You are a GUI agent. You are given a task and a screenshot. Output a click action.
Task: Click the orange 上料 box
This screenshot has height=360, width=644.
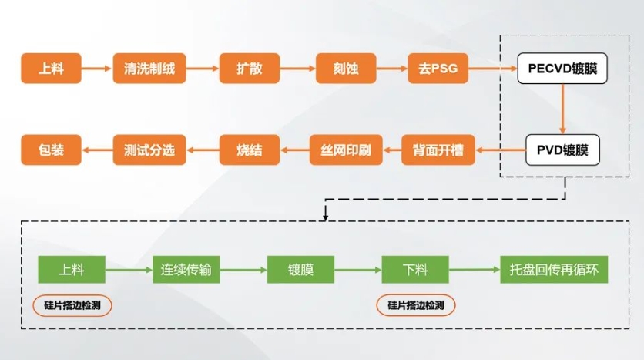tap(51, 68)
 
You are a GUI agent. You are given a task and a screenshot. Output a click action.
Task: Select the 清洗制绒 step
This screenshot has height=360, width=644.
tap(149, 68)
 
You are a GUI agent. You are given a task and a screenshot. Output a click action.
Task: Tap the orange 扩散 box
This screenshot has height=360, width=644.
tap(250, 68)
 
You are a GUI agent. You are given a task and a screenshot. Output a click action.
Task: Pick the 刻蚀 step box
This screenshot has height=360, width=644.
tap(346, 68)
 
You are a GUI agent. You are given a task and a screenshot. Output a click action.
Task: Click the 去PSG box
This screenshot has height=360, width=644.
tap(438, 68)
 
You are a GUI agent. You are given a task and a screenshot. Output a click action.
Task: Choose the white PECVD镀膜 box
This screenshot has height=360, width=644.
tap(562, 68)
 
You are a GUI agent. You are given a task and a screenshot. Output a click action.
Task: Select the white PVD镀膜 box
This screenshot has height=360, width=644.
tap(562, 150)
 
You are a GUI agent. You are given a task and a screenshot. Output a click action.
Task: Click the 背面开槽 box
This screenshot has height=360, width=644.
tap(438, 150)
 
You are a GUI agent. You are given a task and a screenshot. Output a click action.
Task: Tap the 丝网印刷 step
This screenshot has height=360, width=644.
tap(346, 150)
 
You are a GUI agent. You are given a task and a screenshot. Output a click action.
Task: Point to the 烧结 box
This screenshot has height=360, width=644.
tap(250, 150)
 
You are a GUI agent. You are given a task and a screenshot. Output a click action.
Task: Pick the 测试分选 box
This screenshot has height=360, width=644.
tap(149, 150)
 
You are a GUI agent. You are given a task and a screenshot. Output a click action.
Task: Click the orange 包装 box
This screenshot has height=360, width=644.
tap(51, 150)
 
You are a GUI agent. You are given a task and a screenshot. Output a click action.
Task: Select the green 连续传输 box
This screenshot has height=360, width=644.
tap(186, 270)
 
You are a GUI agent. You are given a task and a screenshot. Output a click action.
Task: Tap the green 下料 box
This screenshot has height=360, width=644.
tap(415, 270)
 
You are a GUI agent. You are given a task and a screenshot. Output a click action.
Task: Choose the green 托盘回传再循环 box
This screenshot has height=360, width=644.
tap(554, 270)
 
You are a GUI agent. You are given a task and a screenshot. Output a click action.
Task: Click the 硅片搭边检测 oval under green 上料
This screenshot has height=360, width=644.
tap(72, 305)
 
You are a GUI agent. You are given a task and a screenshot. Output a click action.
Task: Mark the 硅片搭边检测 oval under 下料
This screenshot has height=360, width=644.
tap(416, 305)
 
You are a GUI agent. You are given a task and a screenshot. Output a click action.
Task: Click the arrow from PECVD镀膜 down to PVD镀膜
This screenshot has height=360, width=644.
tap(562, 109)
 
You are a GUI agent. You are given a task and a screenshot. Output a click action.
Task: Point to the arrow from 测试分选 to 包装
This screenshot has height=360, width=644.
tap(97, 150)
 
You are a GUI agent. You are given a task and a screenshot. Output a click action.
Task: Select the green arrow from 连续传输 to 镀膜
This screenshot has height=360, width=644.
tap(243, 270)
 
